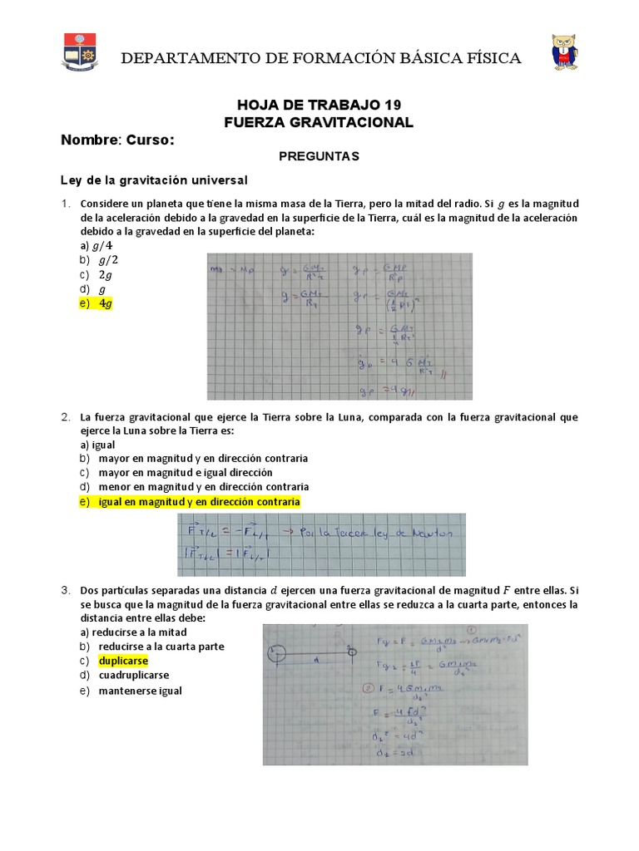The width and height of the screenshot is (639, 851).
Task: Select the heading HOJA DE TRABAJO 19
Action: click(319, 105)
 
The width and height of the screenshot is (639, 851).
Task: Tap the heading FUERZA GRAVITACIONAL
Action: click(319, 122)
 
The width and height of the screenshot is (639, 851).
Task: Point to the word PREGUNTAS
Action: click(319, 156)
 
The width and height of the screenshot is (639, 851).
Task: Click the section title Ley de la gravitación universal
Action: click(154, 180)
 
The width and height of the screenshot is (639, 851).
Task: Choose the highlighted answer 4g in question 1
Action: click(104, 304)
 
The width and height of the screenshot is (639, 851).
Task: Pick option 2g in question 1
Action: click(105, 275)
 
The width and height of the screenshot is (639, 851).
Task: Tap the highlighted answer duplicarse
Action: click(122, 661)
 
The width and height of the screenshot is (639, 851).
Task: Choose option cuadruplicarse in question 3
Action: click(133, 676)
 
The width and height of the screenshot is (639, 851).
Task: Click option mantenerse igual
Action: click(139, 691)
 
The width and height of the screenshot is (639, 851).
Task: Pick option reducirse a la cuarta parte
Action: click(161, 646)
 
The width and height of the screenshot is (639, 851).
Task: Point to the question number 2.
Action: click(65, 416)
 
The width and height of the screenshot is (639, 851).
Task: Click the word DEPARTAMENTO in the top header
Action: click(171, 57)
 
